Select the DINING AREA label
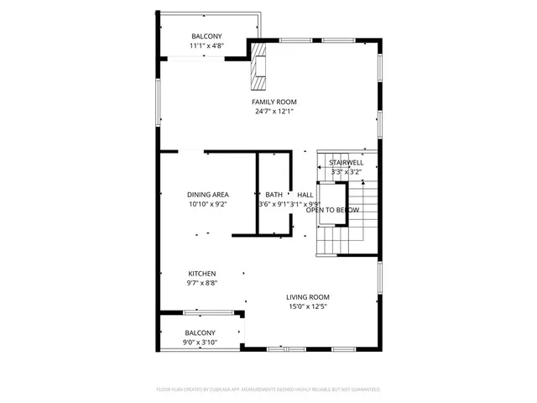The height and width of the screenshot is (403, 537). [x=208, y=195]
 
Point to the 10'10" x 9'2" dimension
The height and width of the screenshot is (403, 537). [x=208, y=203]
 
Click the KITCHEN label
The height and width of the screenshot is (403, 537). [x=201, y=274]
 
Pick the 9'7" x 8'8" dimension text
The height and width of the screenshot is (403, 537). [x=201, y=283]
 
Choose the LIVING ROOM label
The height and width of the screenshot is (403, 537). [x=307, y=297]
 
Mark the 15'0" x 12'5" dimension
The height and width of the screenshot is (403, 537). [x=307, y=306]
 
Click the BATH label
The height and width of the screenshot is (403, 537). [x=274, y=195]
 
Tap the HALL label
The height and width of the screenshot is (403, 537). [x=305, y=195]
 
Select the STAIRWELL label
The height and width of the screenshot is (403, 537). [x=346, y=162]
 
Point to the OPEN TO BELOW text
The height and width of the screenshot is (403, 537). [x=326, y=210]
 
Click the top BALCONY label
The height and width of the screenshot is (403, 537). [x=206, y=36]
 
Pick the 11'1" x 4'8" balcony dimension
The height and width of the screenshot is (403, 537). [x=206, y=45]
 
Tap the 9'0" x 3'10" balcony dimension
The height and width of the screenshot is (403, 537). [x=201, y=343]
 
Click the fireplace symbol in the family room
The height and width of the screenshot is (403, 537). [x=258, y=67]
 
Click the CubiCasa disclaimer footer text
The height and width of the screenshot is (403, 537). [x=268, y=390]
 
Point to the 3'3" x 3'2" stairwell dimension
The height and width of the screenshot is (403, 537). [x=346, y=171]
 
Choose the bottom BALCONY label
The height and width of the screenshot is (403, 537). [x=201, y=333]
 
